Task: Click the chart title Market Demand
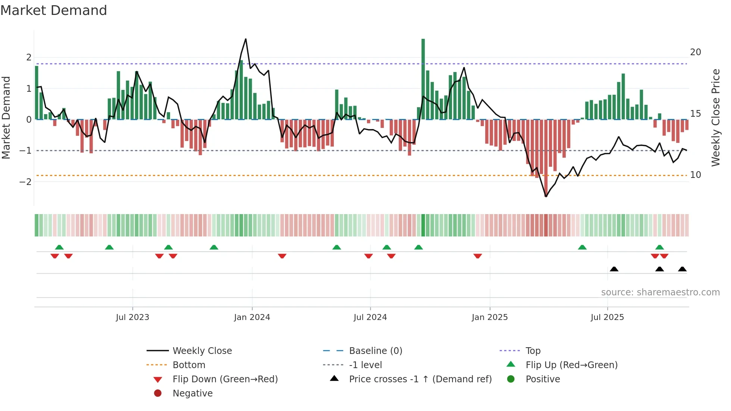click(x=54, y=10)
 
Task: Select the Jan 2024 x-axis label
click(x=252, y=317)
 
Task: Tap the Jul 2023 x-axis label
click(x=132, y=317)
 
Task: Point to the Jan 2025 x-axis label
click(x=489, y=317)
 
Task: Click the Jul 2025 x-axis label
click(x=607, y=317)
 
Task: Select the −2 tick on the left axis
click(x=26, y=182)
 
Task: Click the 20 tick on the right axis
click(x=695, y=52)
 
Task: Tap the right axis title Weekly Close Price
click(x=715, y=117)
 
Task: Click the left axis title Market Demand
click(x=6, y=117)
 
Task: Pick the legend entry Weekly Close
click(x=202, y=351)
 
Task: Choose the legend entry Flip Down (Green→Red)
click(x=225, y=379)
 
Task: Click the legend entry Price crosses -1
click(x=420, y=379)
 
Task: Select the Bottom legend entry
click(x=189, y=365)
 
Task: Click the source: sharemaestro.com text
click(x=660, y=292)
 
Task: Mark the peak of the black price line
click(x=245, y=39)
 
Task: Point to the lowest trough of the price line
click(x=546, y=196)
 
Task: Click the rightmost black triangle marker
click(x=682, y=269)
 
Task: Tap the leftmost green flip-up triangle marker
click(x=59, y=247)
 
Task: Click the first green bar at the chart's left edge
click(x=37, y=93)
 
